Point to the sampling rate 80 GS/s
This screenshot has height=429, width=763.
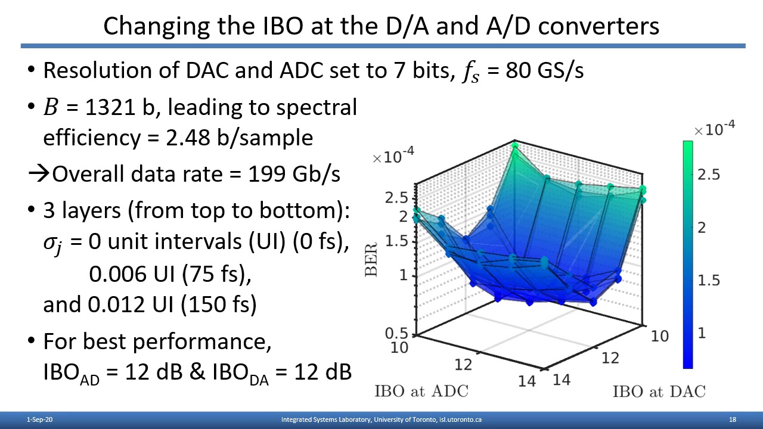point(544,70)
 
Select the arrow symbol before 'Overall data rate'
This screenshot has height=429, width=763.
point(39,174)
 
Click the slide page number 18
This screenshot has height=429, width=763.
point(733,420)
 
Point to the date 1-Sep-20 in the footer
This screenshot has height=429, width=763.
point(40,420)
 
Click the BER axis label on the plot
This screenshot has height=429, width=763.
point(371,259)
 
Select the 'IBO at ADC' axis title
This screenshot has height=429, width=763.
point(421,391)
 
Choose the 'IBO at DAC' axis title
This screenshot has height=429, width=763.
point(659,391)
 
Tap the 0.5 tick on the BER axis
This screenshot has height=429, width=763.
point(396,334)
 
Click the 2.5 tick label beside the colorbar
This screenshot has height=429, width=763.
point(709,174)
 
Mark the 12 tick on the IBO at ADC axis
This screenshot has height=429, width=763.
point(463,363)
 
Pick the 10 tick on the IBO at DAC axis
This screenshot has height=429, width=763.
point(659,336)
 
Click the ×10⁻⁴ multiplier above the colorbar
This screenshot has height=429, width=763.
point(714,129)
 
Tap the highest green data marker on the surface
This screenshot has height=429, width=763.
point(515,145)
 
